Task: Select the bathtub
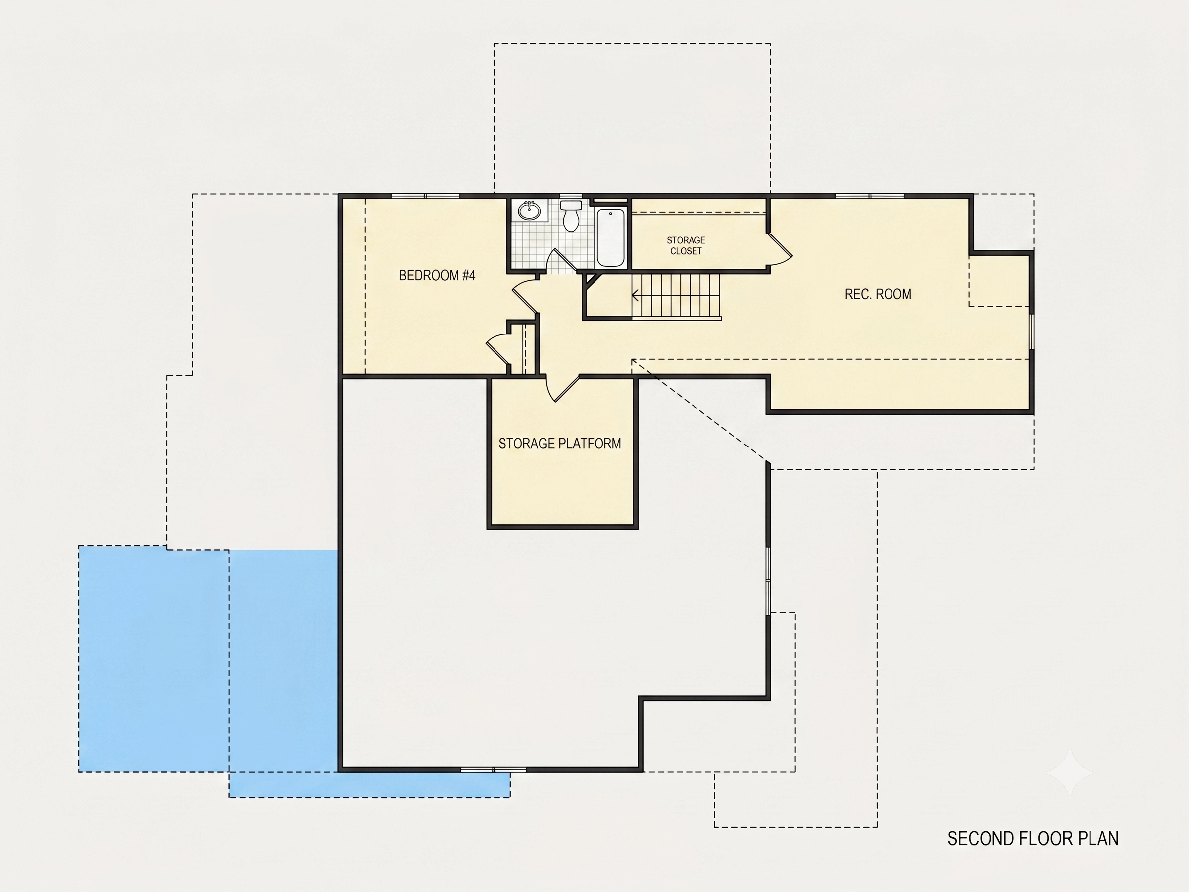(x=610, y=236)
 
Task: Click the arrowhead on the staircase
(x=636, y=295)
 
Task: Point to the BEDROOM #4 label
(x=437, y=275)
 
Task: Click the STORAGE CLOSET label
(x=686, y=246)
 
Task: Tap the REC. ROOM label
(x=878, y=294)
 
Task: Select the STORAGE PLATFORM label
(x=560, y=444)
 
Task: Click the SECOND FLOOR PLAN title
(x=1033, y=838)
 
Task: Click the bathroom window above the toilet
(x=571, y=196)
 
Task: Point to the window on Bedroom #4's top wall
(x=425, y=196)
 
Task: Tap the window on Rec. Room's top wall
(x=870, y=196)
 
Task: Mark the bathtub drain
(x=610, y=214)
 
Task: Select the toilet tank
(x=571, y=206)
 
